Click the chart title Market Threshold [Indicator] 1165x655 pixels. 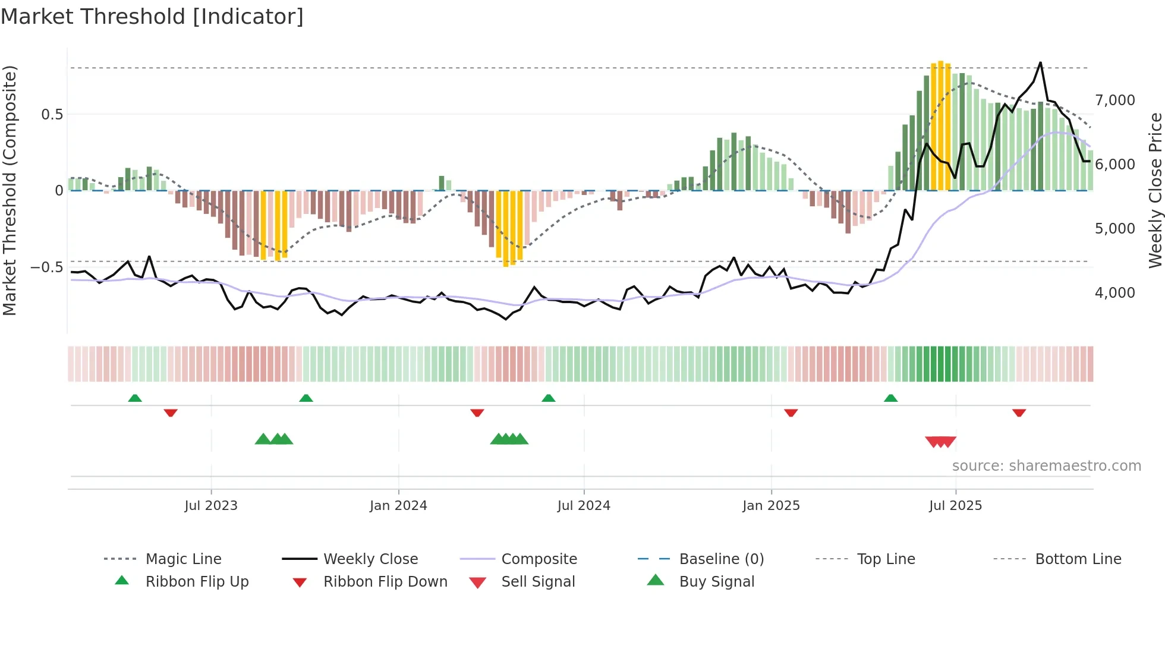tap(152, 17)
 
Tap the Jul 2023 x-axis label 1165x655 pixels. tap(211, 506)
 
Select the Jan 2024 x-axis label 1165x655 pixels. tap(398, 506)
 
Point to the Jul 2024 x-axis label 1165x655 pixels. tap(584, 506)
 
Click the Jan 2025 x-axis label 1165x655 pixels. tap(771, 506)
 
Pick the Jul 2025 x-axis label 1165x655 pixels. tap(956, 506)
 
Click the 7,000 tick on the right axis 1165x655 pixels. tap(1115, 100)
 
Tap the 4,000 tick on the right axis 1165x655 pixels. tap(1115, 292)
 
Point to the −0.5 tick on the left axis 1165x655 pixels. tap(47, 267)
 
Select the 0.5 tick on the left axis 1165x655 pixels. tap(52, 115)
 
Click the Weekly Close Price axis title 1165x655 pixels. tap(1155, 190)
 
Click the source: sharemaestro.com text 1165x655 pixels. tap(1046, 466)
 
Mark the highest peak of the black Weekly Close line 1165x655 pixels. tap(1040, 63)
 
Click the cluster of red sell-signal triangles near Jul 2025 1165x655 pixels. tap(941, 442)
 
